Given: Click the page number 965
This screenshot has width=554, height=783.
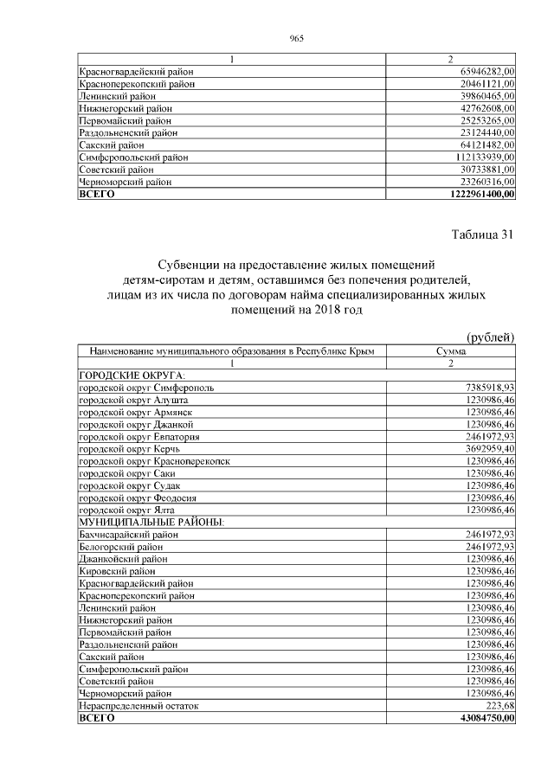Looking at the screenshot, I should (295, 38).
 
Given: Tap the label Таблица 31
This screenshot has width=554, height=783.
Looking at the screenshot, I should (482, 234).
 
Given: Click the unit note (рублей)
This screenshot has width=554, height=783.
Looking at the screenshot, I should (490, 337).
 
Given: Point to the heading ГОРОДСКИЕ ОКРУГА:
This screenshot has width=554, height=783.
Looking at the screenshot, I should (132, 375).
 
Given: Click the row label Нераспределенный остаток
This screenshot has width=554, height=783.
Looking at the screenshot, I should (138, 706).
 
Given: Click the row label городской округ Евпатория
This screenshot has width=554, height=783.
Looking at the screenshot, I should (138, 437).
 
